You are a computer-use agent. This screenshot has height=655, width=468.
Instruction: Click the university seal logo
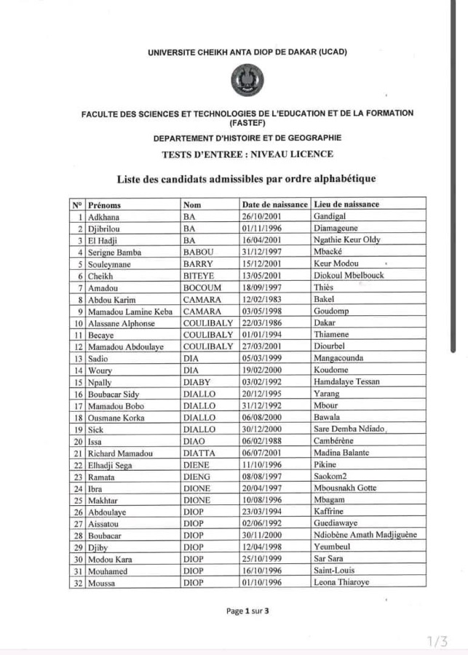(x=247, y=81)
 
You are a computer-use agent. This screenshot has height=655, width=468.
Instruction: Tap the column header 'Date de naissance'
(x=274, y=205)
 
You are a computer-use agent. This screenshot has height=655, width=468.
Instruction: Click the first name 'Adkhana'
(x=103, y=217)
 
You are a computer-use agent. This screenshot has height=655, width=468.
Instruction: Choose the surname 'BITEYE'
(x=199, y=276)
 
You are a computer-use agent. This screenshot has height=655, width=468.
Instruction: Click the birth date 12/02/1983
(x=263, y=300)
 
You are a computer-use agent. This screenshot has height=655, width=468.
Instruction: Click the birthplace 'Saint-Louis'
(x=334, y=571)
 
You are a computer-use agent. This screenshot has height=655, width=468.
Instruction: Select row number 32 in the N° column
(x=77, y=583)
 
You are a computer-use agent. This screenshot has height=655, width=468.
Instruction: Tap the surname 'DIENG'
(x=197, y=477)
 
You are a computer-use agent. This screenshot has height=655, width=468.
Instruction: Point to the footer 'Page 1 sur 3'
(x=247, y=611)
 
